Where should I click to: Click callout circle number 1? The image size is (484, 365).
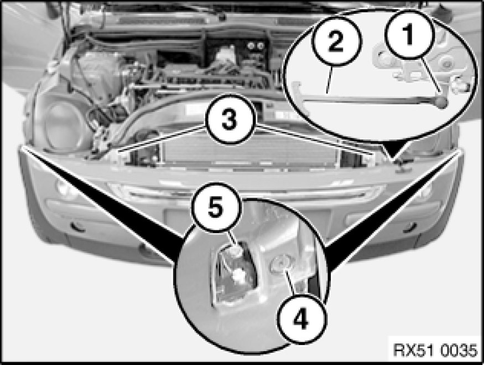(x=409, y=34)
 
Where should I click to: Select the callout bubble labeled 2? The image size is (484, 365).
(x=336, y=41)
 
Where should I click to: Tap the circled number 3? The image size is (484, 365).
(x=230, y=119)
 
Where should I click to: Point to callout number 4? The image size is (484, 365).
(x=301, y=318)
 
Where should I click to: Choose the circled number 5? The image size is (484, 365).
(x=216, y=207)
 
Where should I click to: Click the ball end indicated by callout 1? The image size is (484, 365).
(x=441, y=102)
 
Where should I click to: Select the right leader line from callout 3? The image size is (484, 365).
(x=315, y=140)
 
